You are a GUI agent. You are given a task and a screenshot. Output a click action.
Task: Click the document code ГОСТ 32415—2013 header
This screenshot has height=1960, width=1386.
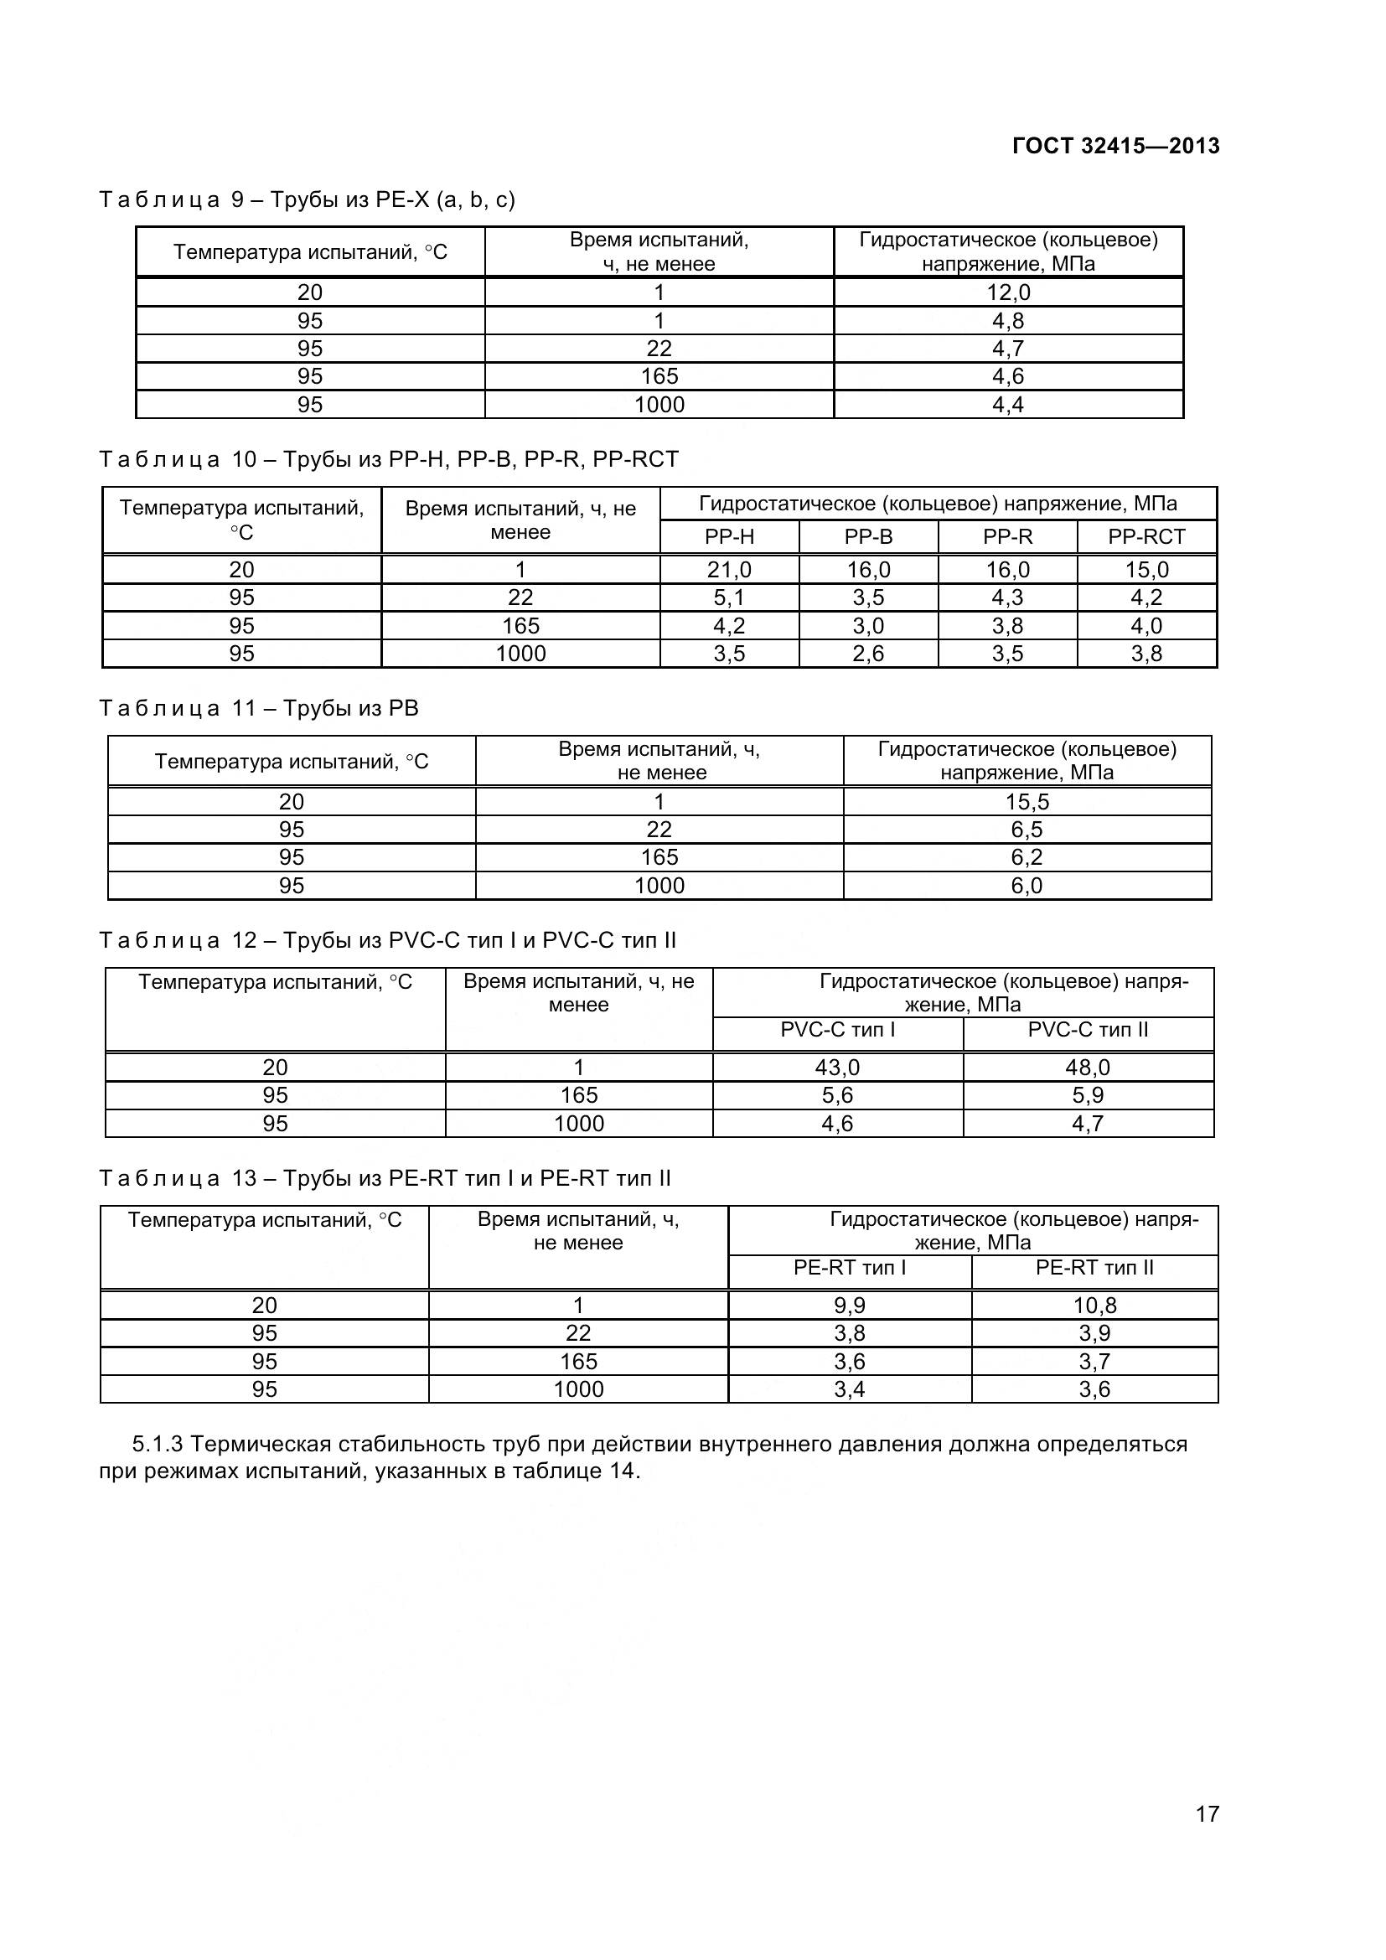[1115, 146]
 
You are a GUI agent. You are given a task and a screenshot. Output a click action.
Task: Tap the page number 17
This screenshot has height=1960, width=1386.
[1207, 1837]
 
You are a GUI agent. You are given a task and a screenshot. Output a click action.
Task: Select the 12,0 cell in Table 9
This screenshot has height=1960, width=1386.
[1008, 292]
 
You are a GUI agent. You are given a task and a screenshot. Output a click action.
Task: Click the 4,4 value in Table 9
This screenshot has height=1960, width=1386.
[1008, 405]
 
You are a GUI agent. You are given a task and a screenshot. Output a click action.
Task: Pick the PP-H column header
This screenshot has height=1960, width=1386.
[729, 537]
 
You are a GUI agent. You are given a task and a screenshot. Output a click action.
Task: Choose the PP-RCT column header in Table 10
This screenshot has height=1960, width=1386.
[1146, 537]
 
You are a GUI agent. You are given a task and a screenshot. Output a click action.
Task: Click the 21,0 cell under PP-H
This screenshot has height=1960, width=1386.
[729, 569]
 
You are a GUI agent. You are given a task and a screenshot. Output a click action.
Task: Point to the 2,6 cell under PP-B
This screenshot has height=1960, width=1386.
[868, 654]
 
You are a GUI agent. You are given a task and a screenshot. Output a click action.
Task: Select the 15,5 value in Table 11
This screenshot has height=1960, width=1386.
[1027, 802]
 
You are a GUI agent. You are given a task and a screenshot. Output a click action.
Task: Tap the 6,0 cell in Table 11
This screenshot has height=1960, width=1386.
[1027, 885]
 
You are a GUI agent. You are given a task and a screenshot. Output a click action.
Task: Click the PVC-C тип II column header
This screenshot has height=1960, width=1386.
[1088, 1030]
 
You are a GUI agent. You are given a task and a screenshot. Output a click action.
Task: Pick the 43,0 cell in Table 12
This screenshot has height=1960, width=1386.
[837, 1067]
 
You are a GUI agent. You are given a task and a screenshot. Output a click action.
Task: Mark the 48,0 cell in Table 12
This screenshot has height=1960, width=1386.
[1088, 1067]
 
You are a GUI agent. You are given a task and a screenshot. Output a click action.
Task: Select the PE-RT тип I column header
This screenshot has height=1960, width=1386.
[849, 1268]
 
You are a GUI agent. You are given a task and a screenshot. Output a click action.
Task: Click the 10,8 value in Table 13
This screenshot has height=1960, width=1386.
[1094, 1306]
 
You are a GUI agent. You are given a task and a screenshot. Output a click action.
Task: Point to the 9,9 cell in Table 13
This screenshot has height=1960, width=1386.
[849, 1306]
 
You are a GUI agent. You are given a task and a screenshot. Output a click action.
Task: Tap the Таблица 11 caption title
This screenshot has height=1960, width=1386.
[259, 709]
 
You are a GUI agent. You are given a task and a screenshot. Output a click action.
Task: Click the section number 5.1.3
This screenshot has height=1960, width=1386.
[158, 1445]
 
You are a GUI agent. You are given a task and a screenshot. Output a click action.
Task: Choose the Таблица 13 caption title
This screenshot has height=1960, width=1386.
[384, 1178]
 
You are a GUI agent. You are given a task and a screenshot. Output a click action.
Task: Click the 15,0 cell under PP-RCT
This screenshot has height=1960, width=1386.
[1146, 569]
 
